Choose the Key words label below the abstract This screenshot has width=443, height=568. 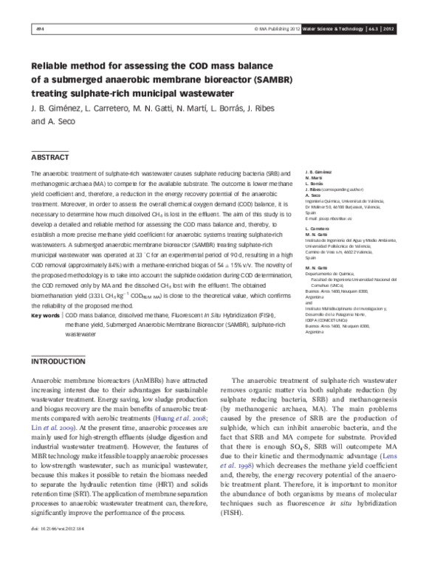45,315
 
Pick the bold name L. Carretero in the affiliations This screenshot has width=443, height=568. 317,229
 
